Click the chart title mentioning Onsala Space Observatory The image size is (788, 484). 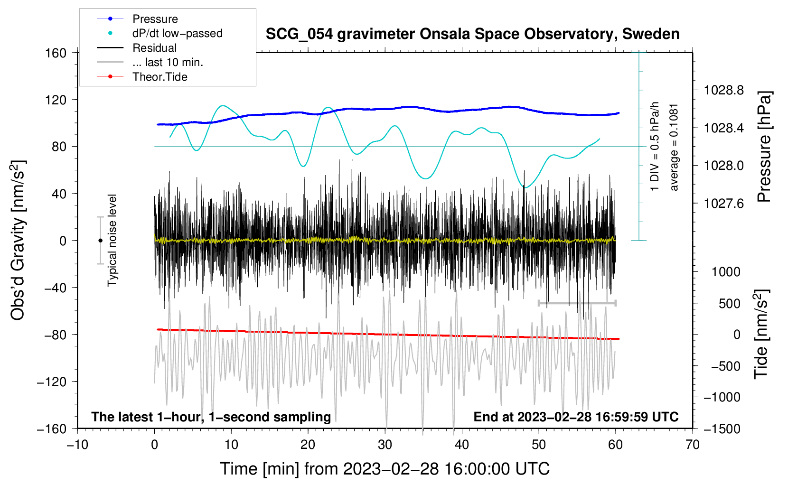coord(472,34)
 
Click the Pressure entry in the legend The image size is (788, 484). coord(155,19)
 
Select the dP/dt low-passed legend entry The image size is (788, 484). coord(177,33)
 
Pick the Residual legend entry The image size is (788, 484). coord(154,48)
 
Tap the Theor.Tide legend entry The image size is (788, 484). coord(159,77)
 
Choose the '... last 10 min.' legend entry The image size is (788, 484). coord(168,62)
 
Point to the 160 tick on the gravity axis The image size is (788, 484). coord(56,53)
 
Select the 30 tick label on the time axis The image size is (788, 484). coord(385,445)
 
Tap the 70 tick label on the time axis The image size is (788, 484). coord(693,445)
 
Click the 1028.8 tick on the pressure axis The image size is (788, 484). coord(723,90)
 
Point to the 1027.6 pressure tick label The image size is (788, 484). coord(723,204)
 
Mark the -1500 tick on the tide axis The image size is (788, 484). coord(722,428)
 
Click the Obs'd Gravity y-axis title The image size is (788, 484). coord(18,240)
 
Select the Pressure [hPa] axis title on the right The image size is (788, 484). coord(764,147)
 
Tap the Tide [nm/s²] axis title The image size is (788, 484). coord(761,334)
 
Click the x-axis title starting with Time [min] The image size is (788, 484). coord(385,469)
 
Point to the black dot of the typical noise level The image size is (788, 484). coord(100,241)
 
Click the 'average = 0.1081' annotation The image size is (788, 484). coord(674,147)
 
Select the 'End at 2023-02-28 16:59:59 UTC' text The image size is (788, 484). coord(576,417)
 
